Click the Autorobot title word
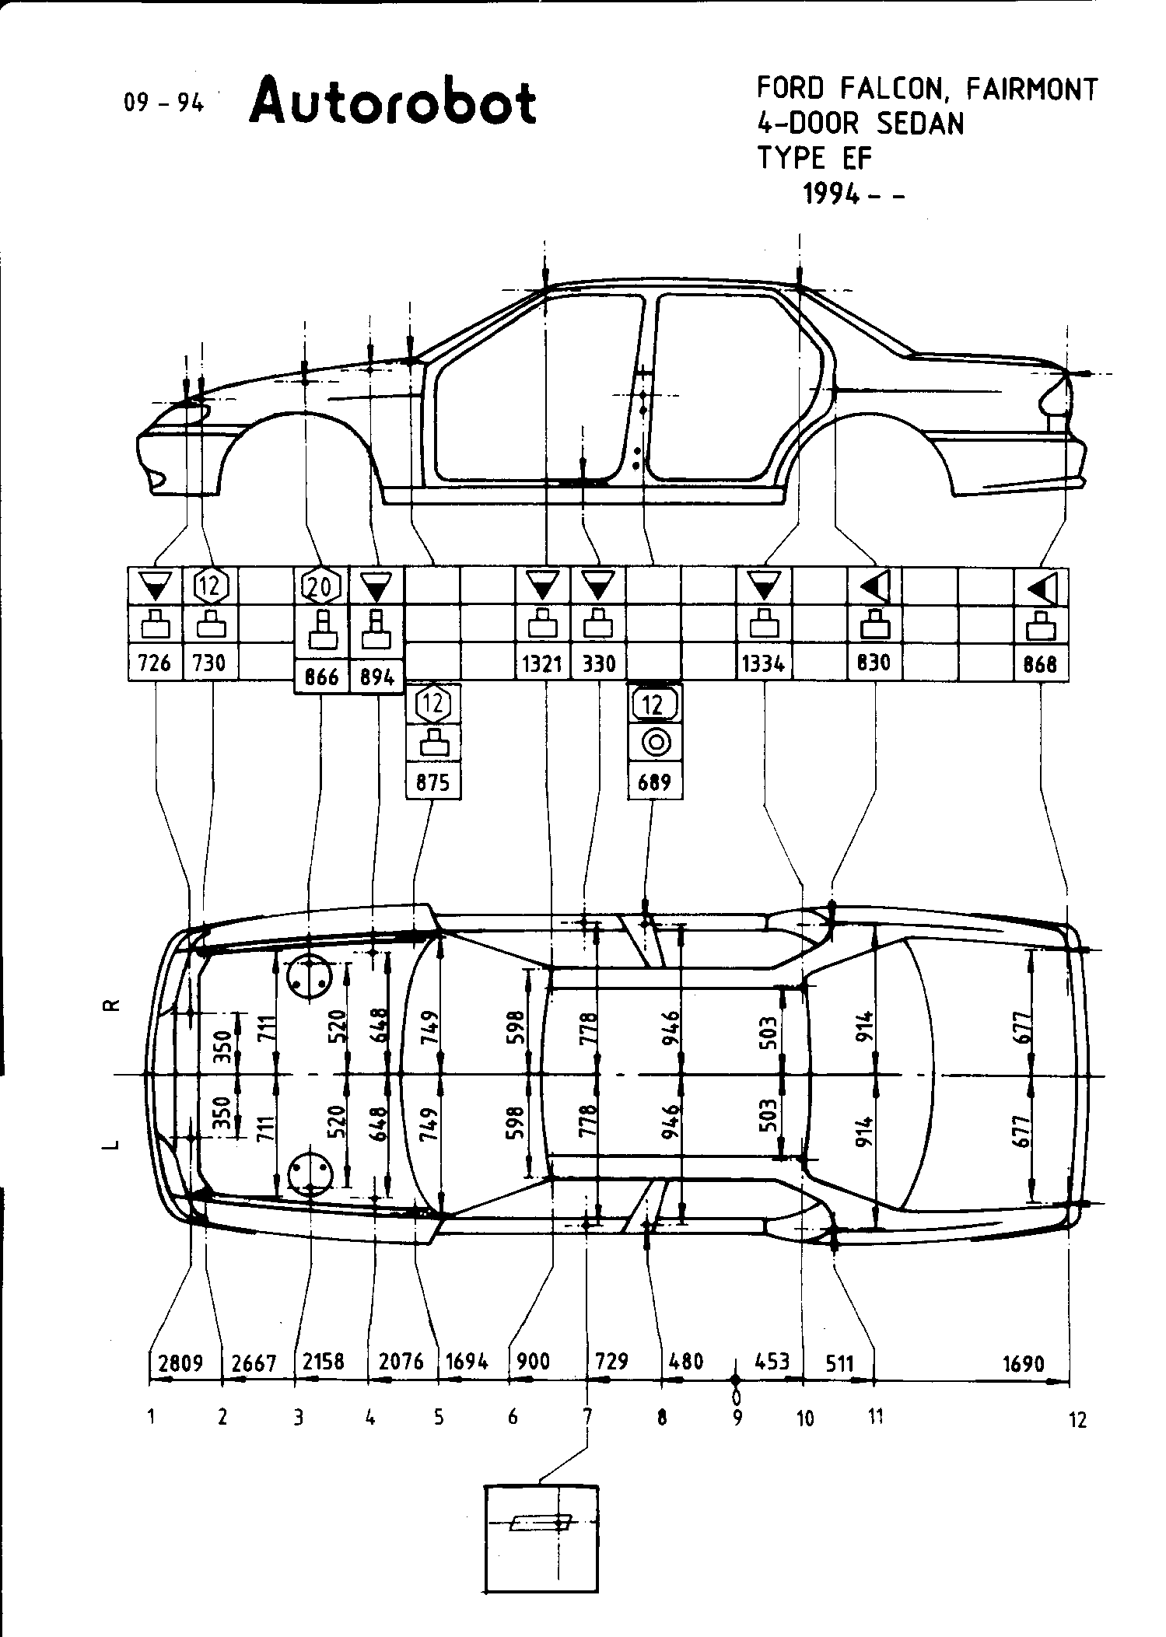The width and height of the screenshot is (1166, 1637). [x=393, y=102]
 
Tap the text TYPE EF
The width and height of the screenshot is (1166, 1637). [x=815, y=158]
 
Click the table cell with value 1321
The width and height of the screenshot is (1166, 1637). [x=543, y=663]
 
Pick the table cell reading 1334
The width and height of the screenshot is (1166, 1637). [x=764, y=663]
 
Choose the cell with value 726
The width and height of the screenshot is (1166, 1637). [x=155, y=663]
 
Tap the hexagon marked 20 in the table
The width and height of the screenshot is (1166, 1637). [x=320, y=586]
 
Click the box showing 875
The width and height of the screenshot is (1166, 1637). [x=432, y=781]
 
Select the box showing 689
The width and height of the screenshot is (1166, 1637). [x=654, y=781]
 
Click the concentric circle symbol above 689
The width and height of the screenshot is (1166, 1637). [x=655, y=743]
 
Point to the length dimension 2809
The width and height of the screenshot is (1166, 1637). [x=181, y=1362]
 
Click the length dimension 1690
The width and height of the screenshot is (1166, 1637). [x=1024, y=1363]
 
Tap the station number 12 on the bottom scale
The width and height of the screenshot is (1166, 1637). [x=1077, y=1419]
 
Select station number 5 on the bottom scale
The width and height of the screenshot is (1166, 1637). [x=439, y=1417]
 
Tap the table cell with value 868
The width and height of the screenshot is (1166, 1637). [x=1041, y=663]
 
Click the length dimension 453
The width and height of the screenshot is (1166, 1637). [x=772, y=1361]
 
